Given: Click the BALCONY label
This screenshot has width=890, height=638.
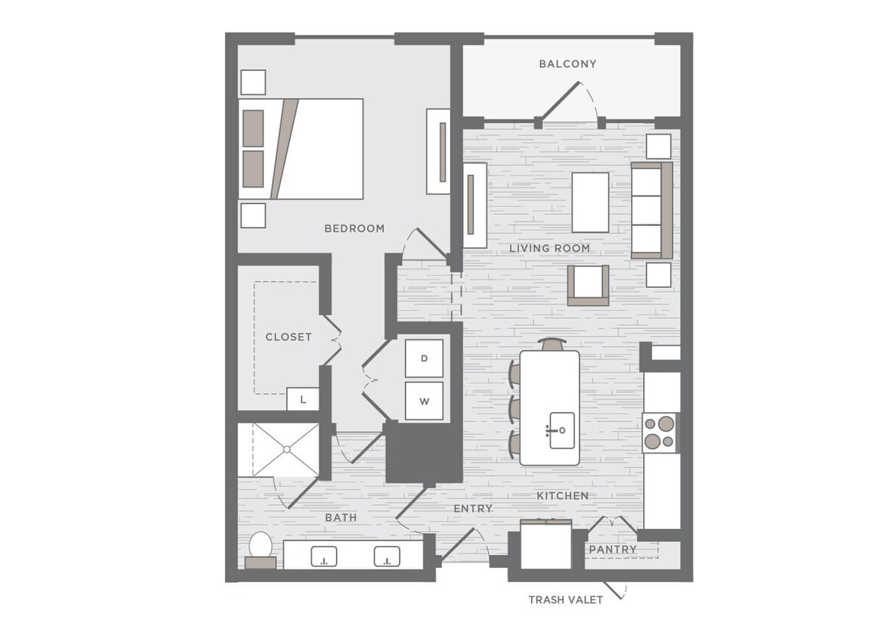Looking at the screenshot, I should coord(567,64).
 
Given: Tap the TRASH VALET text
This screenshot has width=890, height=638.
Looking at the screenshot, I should coord(565,599).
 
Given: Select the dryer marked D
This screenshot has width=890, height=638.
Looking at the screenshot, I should coord(424,358).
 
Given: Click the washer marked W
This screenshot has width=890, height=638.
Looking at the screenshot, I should coord(424,401).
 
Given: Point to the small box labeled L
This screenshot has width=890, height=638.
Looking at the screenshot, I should coord(303,399).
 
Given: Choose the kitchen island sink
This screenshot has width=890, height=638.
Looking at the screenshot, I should coord(561,430).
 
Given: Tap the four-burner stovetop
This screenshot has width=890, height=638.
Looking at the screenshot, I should coord(659,433).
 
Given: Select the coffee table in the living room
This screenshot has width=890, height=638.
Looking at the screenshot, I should coord(590,202).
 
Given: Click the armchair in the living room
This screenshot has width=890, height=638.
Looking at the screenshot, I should coord(589,285).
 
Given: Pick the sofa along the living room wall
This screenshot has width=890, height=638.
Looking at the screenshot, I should coord(651,210).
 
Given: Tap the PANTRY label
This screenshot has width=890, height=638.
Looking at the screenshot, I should coord(613,549).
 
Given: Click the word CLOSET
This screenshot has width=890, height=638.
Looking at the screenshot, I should coord(288,337).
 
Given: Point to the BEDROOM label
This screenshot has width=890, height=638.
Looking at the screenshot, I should coord(354,228).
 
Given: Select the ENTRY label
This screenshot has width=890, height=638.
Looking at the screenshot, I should coord(473,509).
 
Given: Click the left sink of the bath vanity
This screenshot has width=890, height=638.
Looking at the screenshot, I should coord(324,557).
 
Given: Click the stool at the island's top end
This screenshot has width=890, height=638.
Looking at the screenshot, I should coord(552,344).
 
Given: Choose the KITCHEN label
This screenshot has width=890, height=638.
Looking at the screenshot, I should coord(562,496).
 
